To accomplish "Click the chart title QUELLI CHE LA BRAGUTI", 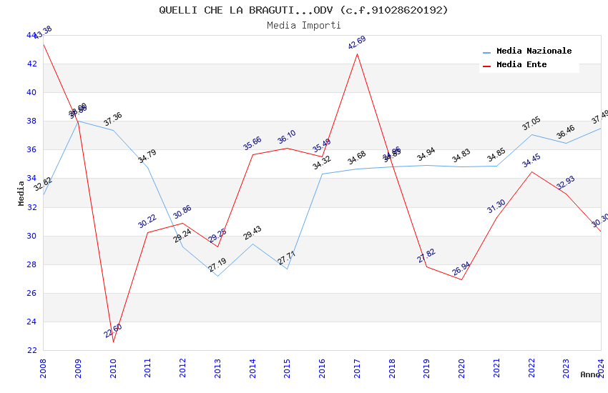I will pyautogui.click(x=303, y=10).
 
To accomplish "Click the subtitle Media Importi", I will pyautogui.click(x=303, y=25).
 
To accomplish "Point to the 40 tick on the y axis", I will pyautogui.click(x=31, y=92).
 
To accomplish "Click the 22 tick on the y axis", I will pyautogui.click(x=31, y=350).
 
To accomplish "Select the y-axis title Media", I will pyautogui.click(x=21, y=193).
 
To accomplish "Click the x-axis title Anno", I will pyautogui.click(x=590, y=374).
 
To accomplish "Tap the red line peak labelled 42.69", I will pyautogui.click(x=357, y=54).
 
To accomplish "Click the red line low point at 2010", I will pyautogui.click(x=113, y=342).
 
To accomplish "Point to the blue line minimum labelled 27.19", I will pyautogui.click(x=217, y=276).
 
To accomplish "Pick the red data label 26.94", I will pyautogui.click(x=461, y=269).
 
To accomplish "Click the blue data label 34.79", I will pyautogui.click(x=147, y=156).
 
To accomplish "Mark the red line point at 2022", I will pyautogui.click(x=531, y=171).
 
